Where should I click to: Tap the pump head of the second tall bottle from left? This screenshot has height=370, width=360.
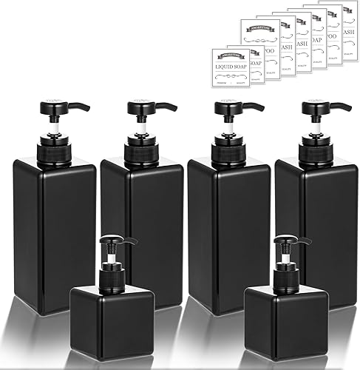[x=142, y=107]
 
